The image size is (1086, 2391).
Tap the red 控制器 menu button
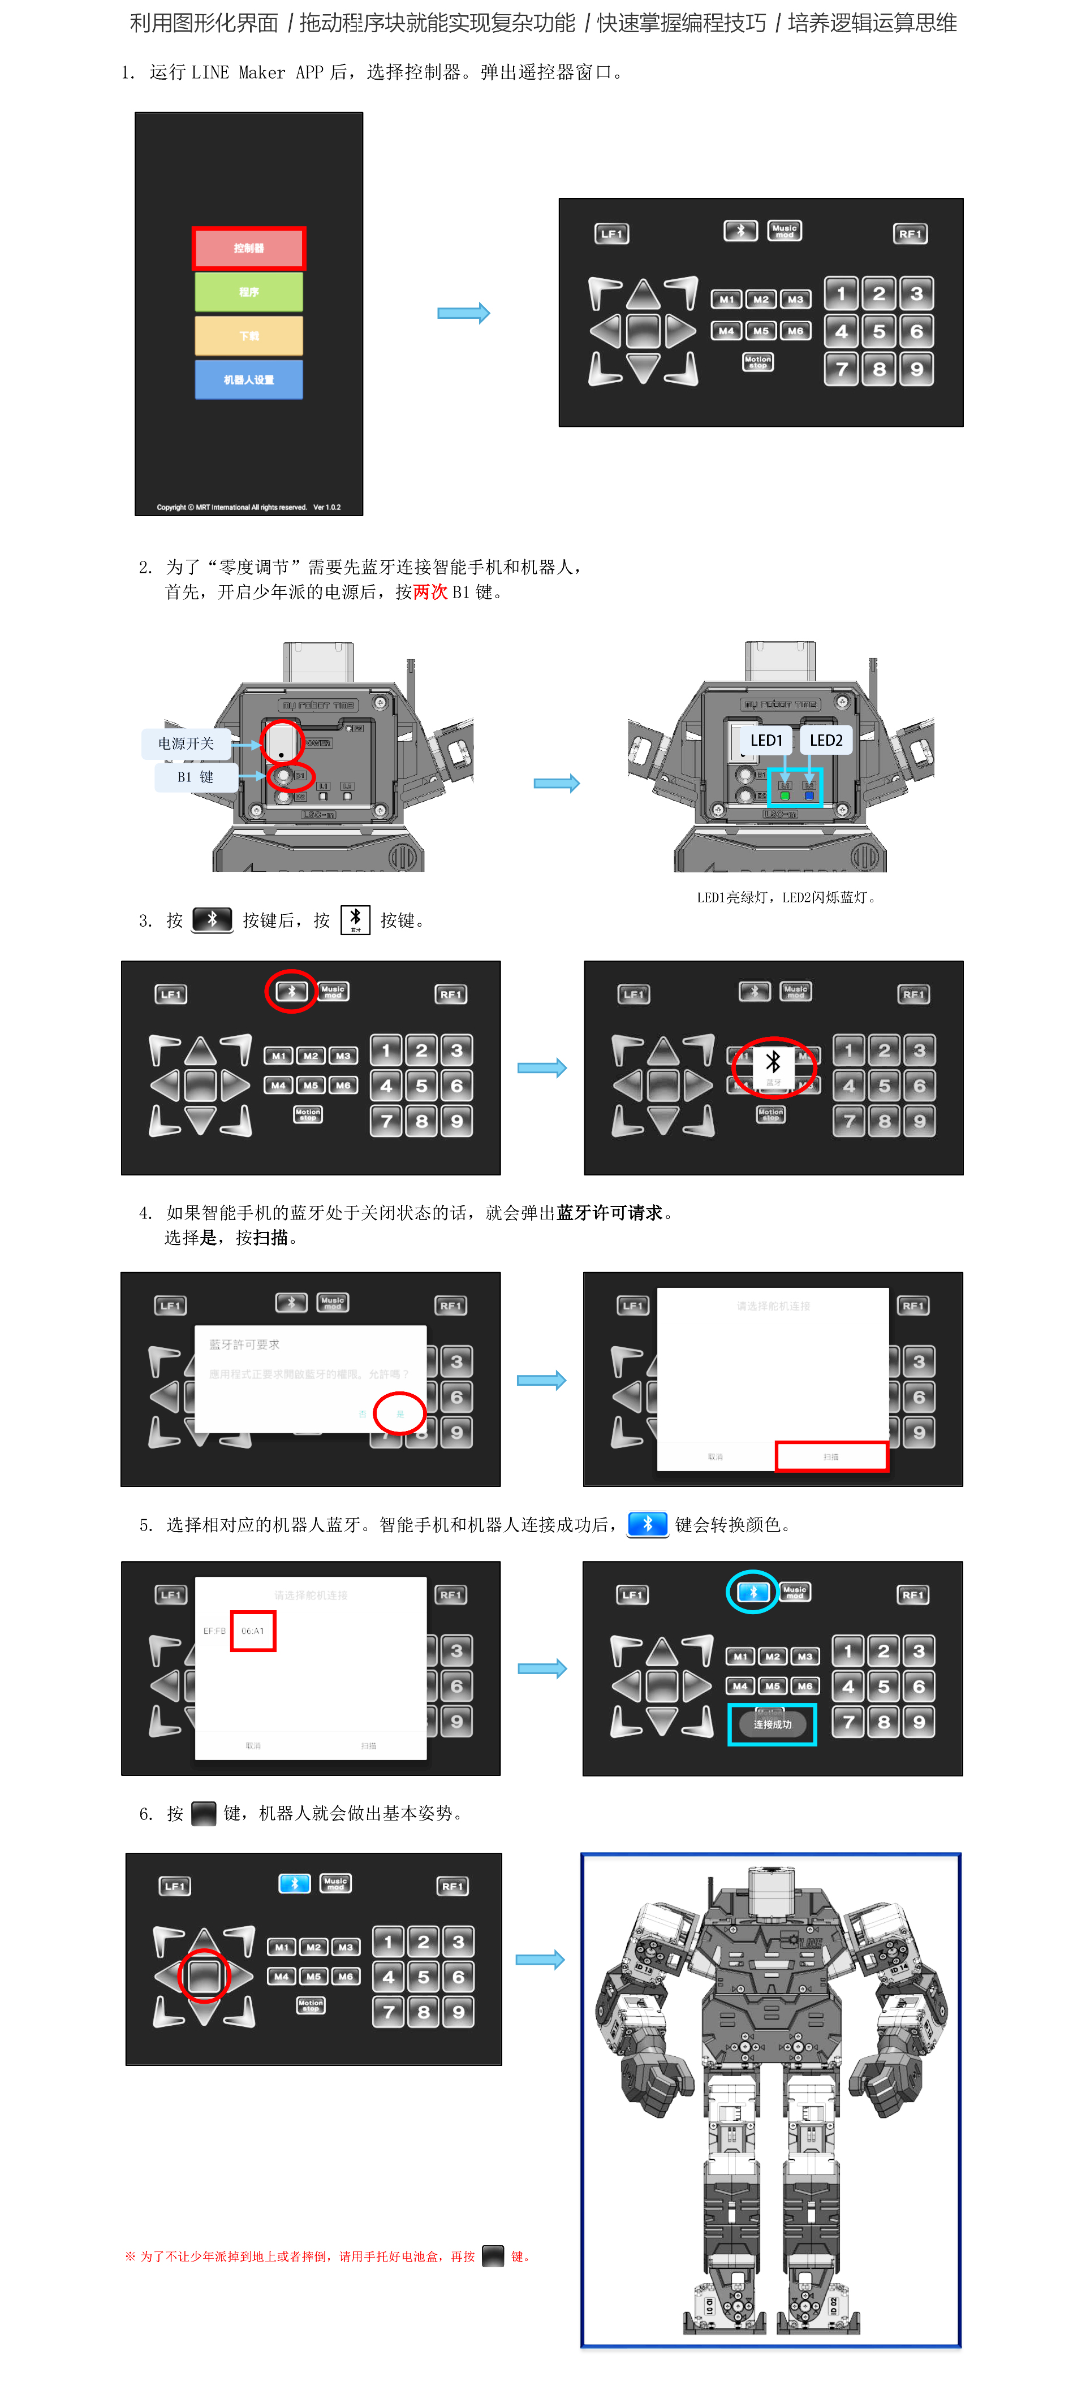click(x=249, y=248)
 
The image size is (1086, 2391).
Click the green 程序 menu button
click(x=249, y=291)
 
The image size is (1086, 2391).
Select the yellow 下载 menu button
click(x=249, y=335)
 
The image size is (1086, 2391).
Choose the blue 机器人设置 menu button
click(x=249, y=379)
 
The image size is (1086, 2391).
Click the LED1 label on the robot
click(x=766, y=740)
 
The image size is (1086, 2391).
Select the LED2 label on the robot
click(x=825, y=740)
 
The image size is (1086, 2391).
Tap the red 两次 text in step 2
click(x=430, y=592)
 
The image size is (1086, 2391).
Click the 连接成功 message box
click(x=772, y=1724)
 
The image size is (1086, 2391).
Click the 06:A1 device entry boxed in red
click(x=252, y=1631)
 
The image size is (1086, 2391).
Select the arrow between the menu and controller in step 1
click(x=463, y=313)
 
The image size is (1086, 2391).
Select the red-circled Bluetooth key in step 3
click(x=291, y=991)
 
